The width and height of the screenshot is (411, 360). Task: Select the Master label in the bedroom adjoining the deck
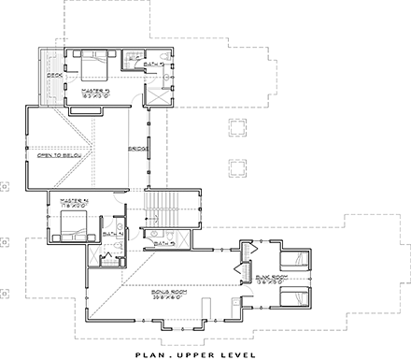tap(96, 91)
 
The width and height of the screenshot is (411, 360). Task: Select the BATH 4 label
tap(109, 234)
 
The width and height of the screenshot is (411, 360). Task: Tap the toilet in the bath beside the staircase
tap(150, 234)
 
